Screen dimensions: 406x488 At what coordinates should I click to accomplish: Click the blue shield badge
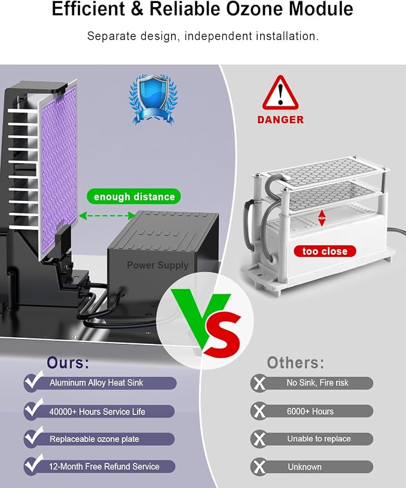153,99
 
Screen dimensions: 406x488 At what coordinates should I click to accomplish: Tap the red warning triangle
280,93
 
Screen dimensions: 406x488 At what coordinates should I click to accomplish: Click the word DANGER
280,120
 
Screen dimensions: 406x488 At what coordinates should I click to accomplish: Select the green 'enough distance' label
134,197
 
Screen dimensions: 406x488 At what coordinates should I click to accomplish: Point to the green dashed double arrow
107,215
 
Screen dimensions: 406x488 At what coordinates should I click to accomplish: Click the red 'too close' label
325,251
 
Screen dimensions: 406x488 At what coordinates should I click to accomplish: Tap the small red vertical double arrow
322,218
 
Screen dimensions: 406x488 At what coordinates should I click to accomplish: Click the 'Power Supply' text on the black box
158,265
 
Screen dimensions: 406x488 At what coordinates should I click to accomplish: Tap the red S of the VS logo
222,334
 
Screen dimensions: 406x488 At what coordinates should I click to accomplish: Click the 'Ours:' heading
68,362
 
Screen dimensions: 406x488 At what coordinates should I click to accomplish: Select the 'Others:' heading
295,362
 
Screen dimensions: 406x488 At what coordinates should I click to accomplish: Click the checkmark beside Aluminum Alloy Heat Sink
33,380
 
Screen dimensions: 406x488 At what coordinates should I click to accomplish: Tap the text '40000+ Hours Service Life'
97,411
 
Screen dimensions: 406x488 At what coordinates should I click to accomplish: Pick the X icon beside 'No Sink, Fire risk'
259,383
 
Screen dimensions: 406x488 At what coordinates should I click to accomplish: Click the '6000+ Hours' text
310,411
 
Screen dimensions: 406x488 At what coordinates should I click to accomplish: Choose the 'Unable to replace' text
319,439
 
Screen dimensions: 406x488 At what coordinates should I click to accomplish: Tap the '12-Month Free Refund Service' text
104,466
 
